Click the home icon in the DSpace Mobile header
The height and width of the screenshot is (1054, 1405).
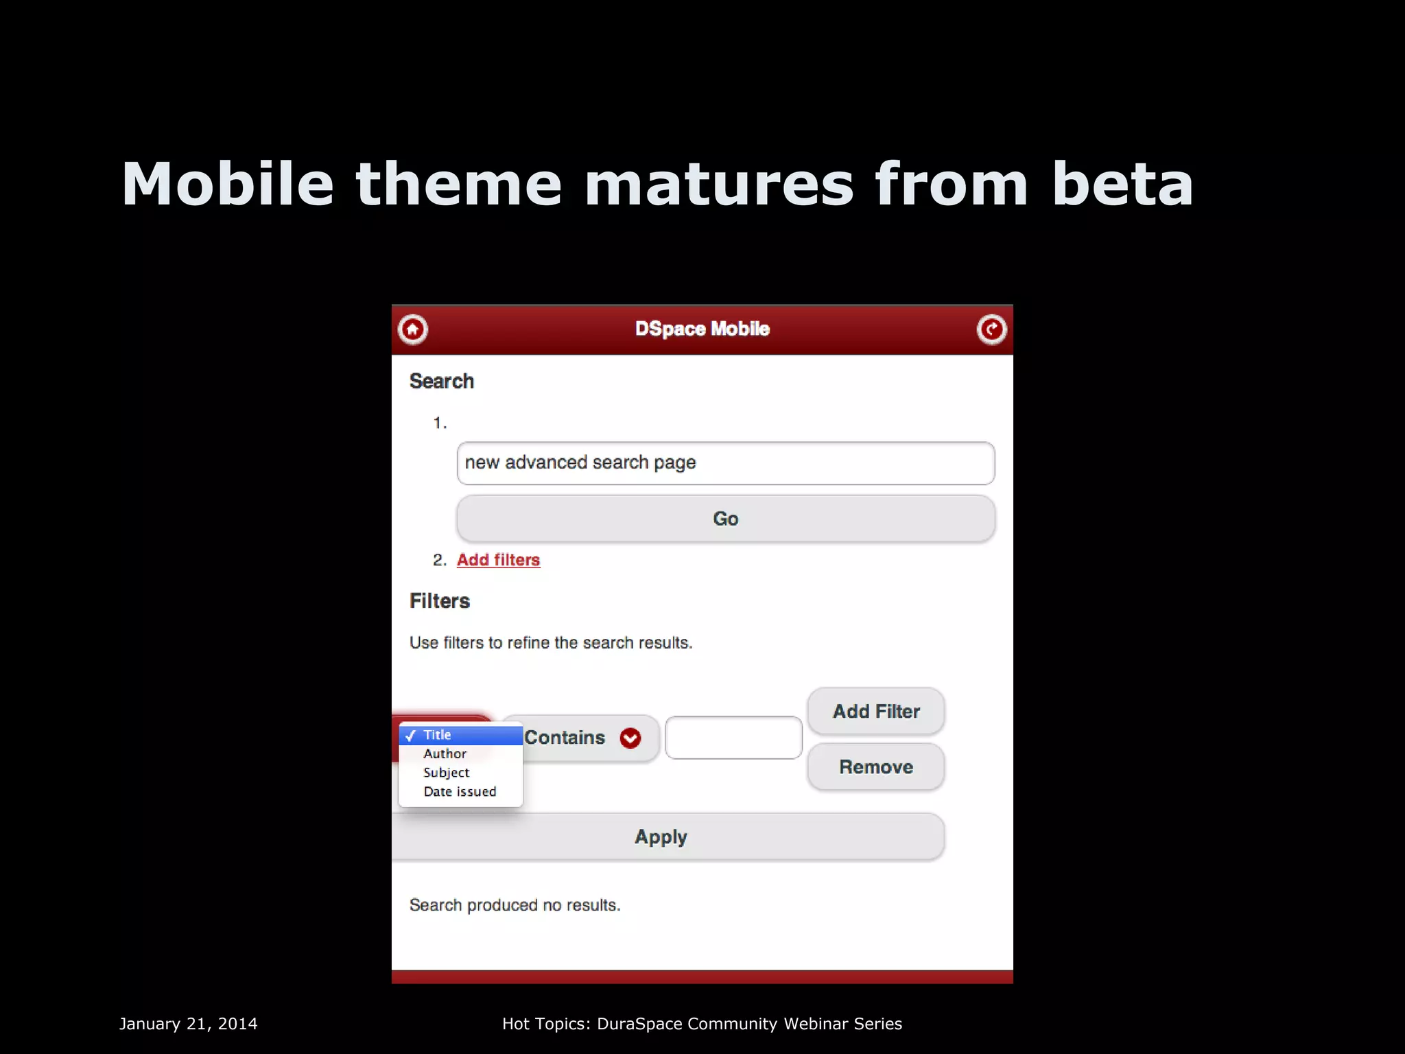413,329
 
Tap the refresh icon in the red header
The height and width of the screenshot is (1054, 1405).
991,329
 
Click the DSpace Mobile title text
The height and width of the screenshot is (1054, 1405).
702,329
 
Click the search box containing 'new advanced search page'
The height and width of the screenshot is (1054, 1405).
725,463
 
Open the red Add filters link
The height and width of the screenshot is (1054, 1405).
498,560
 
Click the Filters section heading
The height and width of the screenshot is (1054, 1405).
439,601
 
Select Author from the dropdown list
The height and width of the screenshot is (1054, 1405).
445,753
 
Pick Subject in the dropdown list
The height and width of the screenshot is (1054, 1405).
447,773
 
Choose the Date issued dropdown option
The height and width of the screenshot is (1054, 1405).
460,791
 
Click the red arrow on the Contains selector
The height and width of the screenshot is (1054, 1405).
630,738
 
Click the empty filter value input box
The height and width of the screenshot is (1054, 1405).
733,738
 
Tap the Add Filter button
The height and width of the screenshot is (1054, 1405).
875,712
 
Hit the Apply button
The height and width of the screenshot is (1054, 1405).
661,837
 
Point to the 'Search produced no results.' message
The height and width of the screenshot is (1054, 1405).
515,905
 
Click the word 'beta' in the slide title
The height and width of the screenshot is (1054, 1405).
1122,184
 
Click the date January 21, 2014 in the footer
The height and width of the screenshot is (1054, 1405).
189,1024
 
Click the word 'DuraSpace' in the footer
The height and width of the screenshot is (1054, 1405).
639,1024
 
